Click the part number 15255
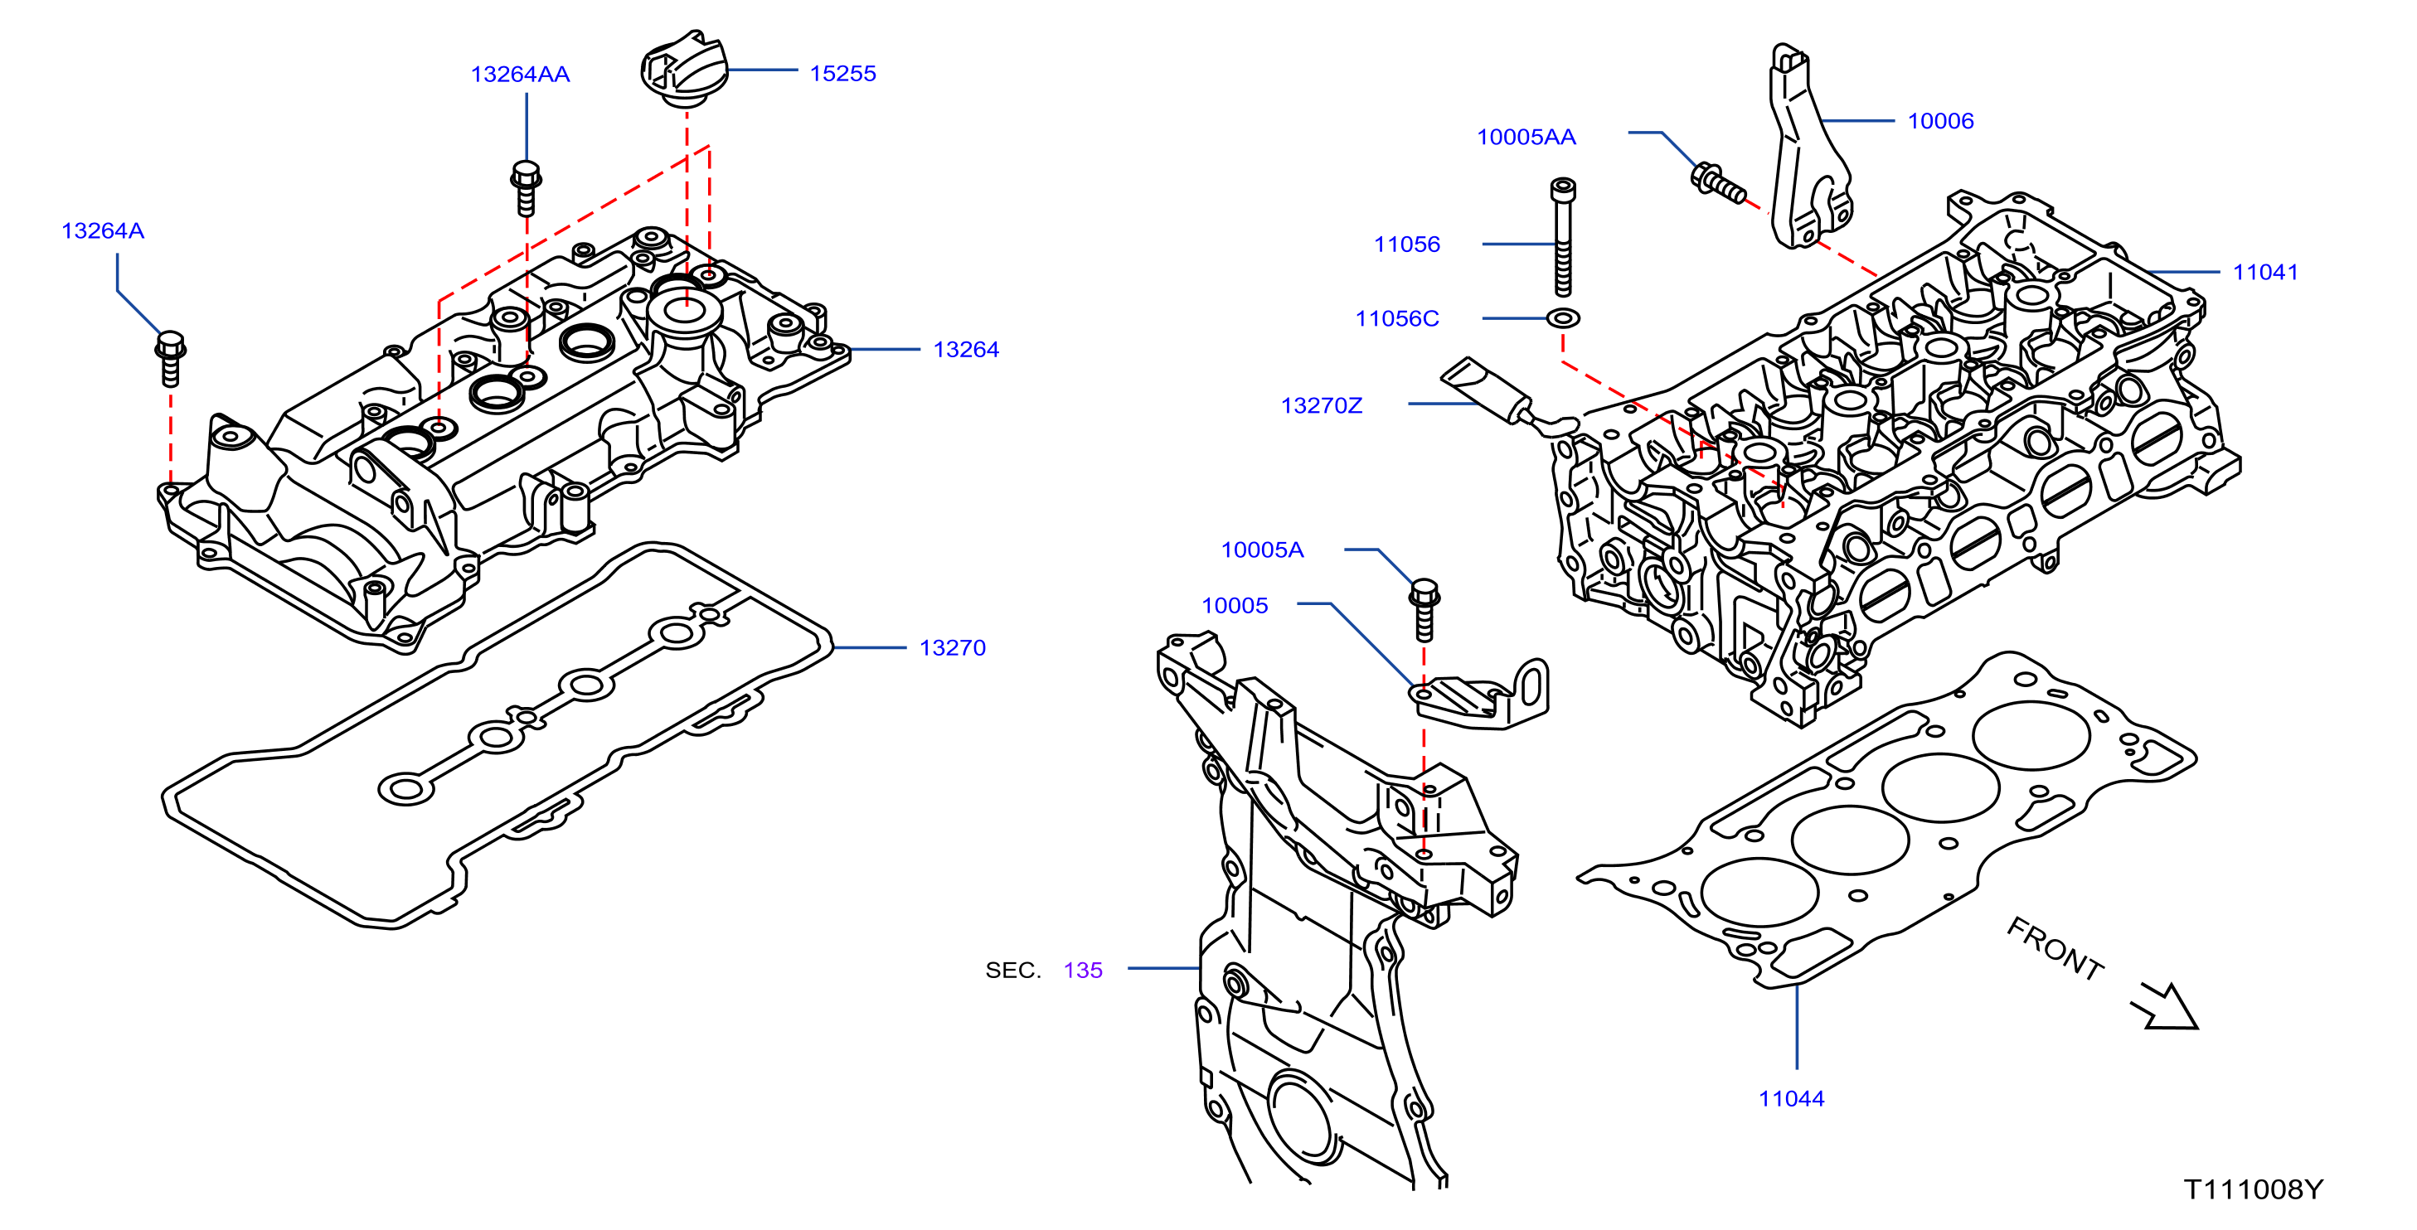click(842, 73)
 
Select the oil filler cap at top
click(684, 69)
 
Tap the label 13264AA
click(520, 74)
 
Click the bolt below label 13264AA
click(527, 187)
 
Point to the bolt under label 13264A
click(170, 358)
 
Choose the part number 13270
click(953, 647)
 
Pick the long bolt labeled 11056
click(1562, 237)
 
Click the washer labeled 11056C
click(1562, 319)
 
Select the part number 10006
click(1940, 121)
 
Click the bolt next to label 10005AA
click(1717, 183)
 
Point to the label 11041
click(2265, 272)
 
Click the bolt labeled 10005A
click(1424, 610)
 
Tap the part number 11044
click(1791, 1099)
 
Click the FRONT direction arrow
click(2166, 1008)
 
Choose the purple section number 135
click(1083, 970)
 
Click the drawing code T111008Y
click(2254, 1189)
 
